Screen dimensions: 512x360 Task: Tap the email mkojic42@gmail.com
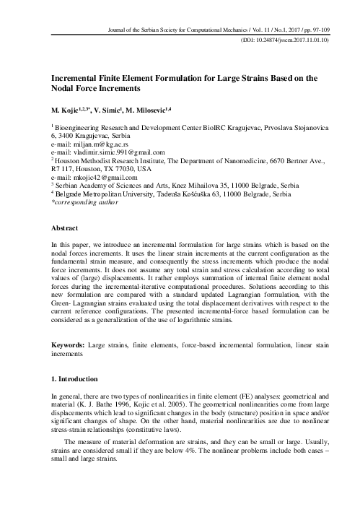coord(90,177)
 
